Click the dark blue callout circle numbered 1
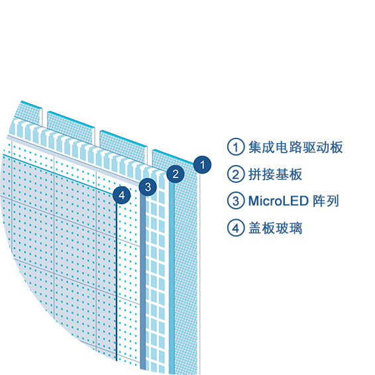pos(202,164)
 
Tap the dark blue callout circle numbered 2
pos(176,174)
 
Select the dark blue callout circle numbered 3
pos(148,187)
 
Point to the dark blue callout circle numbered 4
pos(122,195)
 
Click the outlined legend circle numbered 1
pos(236,146)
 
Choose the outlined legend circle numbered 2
pos(236,174)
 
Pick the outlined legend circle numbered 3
pos(236,201)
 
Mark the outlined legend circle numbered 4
pos(236,228)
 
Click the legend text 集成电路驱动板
pos(295,147)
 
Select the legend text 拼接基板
pos(275,174)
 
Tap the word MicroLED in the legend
pos(278,201)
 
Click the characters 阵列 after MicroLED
pos(326,201)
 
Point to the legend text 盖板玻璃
pos(275,228)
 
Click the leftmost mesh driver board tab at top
pos(29,113)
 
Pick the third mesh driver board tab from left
pos(123,147)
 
